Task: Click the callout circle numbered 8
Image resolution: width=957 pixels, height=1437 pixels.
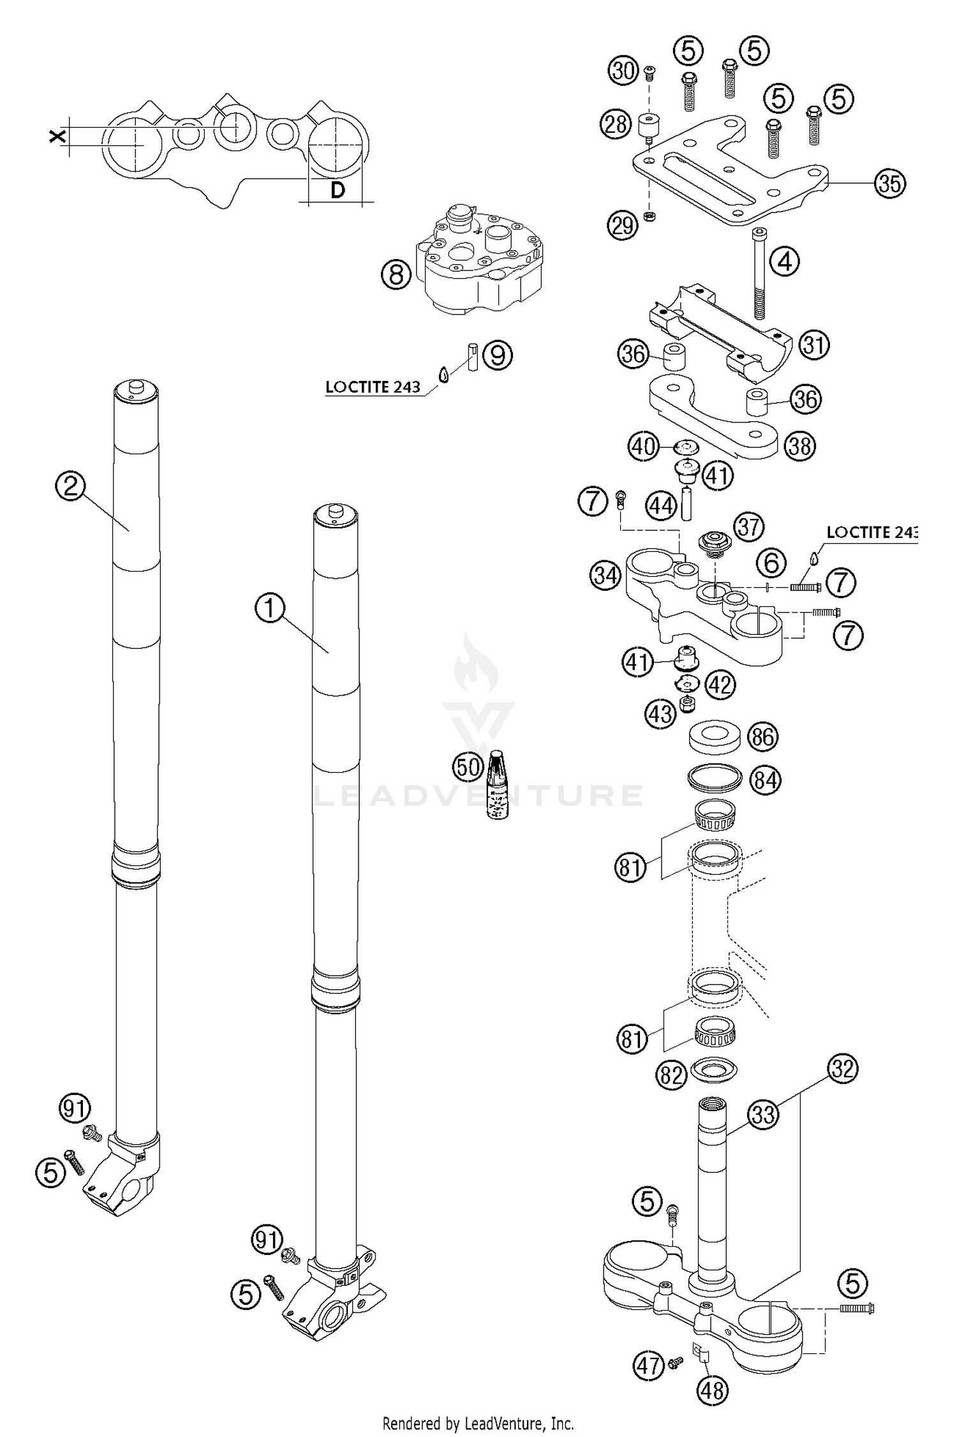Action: (x=396, y=275)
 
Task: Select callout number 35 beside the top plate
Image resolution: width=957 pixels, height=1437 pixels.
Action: (x=890, y=183)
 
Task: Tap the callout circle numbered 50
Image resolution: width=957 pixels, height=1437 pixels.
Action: (x=468, y=766)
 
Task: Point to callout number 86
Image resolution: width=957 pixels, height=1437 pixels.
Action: (x=763, y=737)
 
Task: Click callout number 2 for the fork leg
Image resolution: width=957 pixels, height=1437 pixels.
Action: (x=71, y=487)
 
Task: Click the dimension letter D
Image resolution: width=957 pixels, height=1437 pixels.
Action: (x=338, y=190)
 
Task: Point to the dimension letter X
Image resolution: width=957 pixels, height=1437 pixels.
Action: (x=57, y=136)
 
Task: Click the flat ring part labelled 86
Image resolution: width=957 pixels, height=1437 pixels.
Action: (x=716, y=737)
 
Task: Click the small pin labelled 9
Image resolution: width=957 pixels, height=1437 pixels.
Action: (x=473, y=358)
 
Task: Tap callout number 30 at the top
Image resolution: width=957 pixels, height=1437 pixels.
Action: (x=623, y=70)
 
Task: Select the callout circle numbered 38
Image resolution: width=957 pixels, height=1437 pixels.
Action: (x=800, y=445)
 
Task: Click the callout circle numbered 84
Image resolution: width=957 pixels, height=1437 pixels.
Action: (x=765, y=780)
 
